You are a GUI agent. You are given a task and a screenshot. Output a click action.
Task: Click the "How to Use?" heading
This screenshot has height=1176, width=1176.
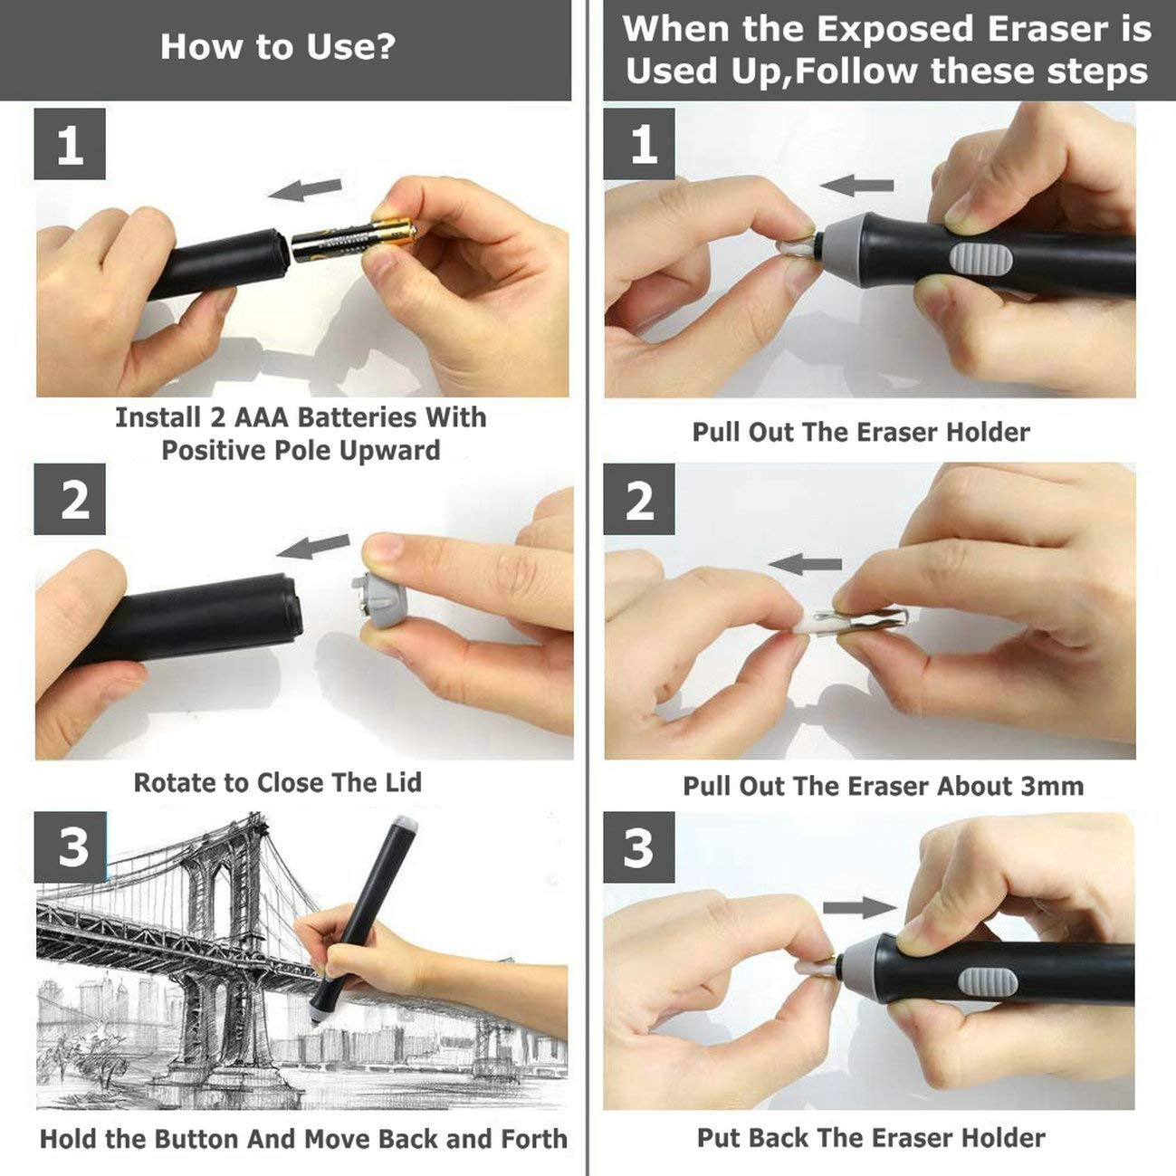coord(278,47)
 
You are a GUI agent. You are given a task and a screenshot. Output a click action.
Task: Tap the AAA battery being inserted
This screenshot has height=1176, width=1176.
coord(354,243)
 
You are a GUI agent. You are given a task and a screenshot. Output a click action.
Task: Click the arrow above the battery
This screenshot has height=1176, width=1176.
coord(304,190)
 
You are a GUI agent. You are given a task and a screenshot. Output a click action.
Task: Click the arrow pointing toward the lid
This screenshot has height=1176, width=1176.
coord(312,547)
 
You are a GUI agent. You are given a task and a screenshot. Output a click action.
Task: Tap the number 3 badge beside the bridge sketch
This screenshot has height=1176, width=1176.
coord(70,847)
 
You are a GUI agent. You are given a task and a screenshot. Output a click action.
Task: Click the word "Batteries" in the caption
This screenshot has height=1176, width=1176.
coord(357,418)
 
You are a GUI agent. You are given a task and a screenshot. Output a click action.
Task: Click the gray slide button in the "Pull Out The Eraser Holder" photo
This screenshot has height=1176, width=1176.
coord(980,260)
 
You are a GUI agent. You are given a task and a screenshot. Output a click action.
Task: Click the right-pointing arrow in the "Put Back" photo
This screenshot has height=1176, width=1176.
coord(860,907)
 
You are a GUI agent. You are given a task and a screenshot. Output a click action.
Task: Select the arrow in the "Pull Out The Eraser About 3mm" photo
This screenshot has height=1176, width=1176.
coord(805,564)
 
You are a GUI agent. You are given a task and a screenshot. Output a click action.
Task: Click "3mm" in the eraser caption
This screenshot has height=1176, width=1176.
coord(1054,786)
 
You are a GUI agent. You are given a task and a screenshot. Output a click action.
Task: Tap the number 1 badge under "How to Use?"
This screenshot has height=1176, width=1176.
coord(70,144)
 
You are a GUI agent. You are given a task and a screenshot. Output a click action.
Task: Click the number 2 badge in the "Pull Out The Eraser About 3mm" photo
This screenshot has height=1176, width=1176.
coord(639,500)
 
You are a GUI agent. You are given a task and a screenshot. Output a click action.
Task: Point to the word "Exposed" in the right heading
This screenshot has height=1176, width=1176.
coord(895,29)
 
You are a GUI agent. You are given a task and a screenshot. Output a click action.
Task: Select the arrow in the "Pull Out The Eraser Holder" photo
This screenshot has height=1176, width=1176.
coord(856,186)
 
